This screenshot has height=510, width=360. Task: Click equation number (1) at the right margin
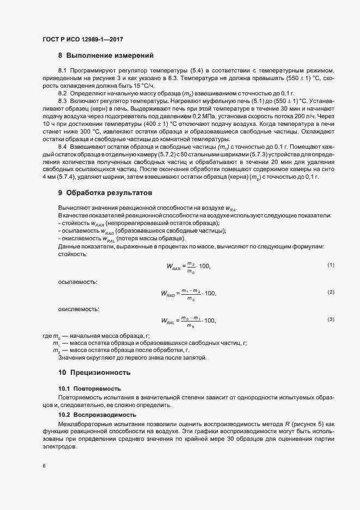coord(331,265)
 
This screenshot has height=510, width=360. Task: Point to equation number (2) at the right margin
coord(331,293)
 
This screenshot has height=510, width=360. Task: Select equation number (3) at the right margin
coord(331,319)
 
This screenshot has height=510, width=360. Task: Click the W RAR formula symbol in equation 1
coord(173,266)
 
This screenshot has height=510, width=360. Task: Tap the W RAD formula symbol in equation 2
coord(169,294)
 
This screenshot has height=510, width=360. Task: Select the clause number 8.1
coord(62,71)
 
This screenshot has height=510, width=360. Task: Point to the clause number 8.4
coord(62,148)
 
